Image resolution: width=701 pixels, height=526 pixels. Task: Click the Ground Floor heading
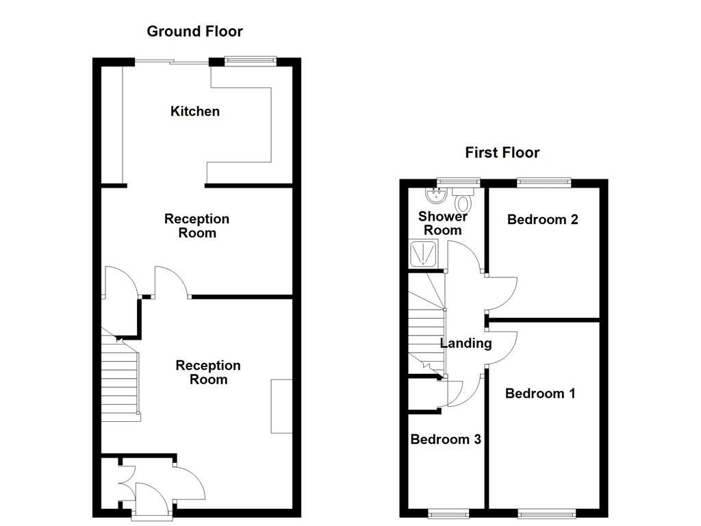(194, 31)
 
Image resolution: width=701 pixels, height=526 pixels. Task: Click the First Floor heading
(502, 152)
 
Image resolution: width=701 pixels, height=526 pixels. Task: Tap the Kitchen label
(195, 111)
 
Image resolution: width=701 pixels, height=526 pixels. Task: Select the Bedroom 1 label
(539, 393)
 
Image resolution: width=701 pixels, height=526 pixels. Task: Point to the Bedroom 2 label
(542, 219)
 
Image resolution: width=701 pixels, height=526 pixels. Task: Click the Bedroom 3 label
(445, 439)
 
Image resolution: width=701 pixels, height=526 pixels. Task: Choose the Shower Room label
(442, 223)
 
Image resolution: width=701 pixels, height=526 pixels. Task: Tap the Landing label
(466, 343)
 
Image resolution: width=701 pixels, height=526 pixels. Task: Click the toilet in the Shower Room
(463, 201)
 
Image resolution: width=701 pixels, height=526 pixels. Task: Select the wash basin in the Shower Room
(433, 197)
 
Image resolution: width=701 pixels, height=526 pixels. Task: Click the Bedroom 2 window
(544, 182)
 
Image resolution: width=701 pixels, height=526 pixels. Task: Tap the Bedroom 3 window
(448, 513)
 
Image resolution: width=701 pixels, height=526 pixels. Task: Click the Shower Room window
(457, 182)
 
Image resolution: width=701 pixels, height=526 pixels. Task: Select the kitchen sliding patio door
(171, 62)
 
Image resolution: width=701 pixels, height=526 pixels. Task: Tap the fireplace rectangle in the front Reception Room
(281, 405)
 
